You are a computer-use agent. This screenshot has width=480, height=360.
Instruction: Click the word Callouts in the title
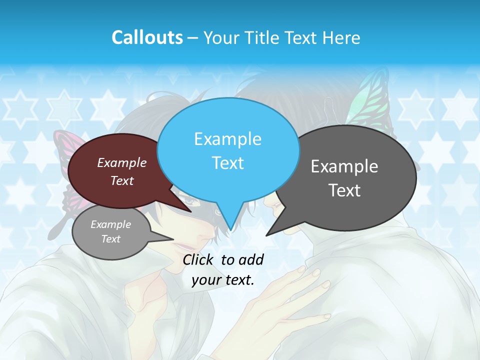tap(147, 37)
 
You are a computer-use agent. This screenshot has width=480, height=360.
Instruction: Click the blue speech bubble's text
tap(227, 151)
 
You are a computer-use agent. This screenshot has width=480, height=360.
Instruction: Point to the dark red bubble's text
tap(121, 171)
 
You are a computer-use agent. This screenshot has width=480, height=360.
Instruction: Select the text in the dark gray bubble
tap(344, 178)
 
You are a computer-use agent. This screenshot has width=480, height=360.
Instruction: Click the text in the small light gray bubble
tap(110, 231)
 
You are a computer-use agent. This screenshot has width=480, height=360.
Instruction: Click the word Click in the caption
tap(198, 259)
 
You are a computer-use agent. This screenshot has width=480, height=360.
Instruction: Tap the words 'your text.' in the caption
tap(223, 280)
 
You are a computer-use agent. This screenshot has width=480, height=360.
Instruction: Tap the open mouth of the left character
tap(185, 246)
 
